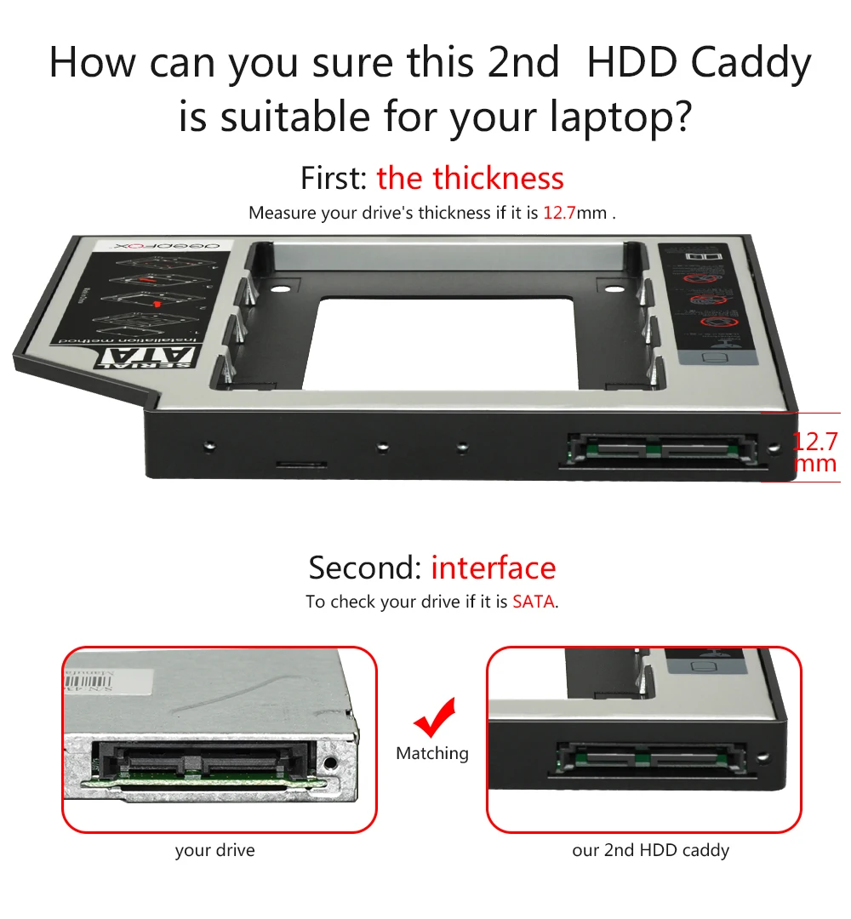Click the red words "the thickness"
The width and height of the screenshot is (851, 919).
click(x=470, y=179)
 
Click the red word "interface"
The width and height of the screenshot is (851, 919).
click(x=493, y=568)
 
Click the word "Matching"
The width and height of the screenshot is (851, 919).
click(x=431, y=753)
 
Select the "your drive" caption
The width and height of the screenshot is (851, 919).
click(x=214, y=850)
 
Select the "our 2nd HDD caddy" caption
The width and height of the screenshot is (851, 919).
click(x=650, y=850)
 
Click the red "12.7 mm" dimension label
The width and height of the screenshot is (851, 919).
click(x=814, y=453)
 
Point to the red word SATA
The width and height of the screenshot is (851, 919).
click(x=534, y=602)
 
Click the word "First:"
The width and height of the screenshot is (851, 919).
click(x=334, y=179)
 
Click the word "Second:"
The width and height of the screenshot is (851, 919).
click(x=365, y=568)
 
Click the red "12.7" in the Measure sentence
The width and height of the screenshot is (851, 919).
click(x=559, y=213)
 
